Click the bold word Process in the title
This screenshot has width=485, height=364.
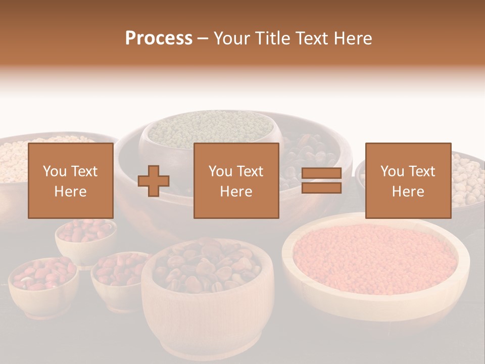(159, 38)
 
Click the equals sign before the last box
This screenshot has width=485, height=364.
(321, 181)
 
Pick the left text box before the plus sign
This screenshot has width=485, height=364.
(71, 180)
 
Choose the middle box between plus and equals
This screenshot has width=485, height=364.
(236, 180)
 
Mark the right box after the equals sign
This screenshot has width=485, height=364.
(408, 180)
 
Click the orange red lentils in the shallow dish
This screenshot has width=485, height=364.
(374, 258)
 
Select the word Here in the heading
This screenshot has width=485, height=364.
(354, 38)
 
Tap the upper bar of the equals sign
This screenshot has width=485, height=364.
(321, 173)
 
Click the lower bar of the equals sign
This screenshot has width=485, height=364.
(321, 188)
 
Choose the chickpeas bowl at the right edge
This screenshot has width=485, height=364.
(467, 179)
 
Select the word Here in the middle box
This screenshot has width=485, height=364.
(236, 192)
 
